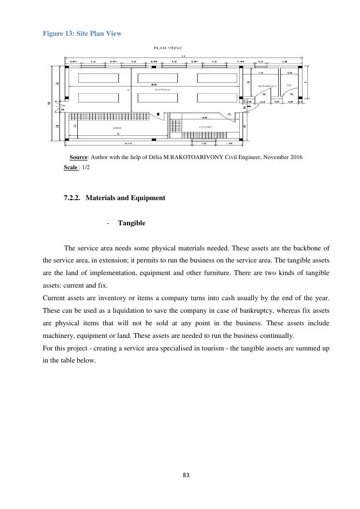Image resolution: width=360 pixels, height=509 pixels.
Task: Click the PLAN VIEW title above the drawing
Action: pos(168,48)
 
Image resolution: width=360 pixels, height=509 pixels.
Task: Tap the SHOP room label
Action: pos(117,128)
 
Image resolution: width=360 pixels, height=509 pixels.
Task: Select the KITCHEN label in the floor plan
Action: pos(206,127)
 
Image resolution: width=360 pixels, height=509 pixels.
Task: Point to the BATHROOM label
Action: pos(267,86)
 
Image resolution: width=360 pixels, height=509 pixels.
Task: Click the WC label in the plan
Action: pos(289,86)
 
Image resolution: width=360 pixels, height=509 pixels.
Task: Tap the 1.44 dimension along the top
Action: pos(241,62)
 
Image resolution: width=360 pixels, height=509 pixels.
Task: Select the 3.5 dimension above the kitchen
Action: pos(204,117)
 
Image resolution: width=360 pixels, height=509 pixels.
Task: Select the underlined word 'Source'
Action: pos(78,158)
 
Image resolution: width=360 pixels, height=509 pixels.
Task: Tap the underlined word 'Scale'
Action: pos(71,167)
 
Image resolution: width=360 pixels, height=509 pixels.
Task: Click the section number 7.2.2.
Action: pos(72,198)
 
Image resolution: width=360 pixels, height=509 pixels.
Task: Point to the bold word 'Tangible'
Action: pos(131,223)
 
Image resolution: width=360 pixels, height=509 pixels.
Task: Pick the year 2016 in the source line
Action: pos(296,158)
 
